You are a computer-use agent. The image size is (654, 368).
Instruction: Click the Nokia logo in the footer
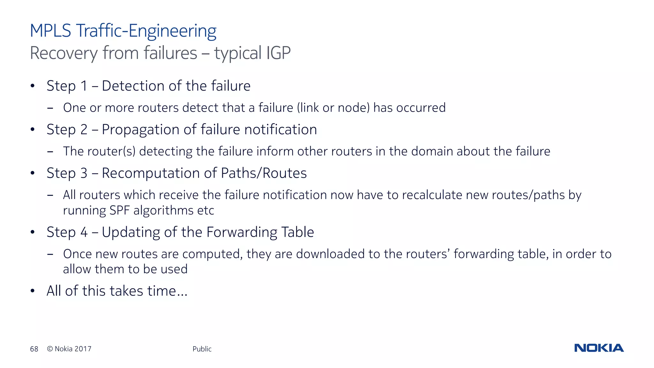pyautogui.click(x=599, y=348)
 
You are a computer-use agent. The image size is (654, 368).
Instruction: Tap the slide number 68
pyautogui.click(x=34, y=349)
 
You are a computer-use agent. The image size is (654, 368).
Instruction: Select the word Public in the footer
pyautogui.click(x=202, y=349)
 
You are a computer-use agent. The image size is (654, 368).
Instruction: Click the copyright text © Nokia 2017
pyautogui.click(x=69, y=349)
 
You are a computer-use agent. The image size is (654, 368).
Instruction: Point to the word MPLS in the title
pyautogui.click(x=50, y=31)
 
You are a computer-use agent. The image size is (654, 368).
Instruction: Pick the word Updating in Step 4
pyautogui.click(x=131, y=232)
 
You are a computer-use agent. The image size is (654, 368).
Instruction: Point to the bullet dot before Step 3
pyautogui.click(x=32, y=173)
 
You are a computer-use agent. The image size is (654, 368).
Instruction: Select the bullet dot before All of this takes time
pyautogui.click(x=32, y=291)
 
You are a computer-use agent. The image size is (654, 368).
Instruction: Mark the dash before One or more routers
pyautogui.click(x=50, y=108)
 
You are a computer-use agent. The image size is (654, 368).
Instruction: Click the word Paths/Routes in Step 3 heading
pyautogui.click(x=264, y=173)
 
